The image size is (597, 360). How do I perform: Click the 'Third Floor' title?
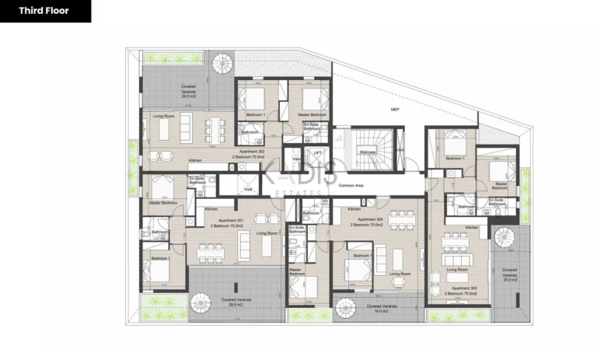coord(44,11)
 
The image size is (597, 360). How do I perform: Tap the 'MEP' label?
coord(395,110)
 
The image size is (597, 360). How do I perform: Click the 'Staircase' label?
coord(368,152)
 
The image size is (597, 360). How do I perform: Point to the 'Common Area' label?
coord(352,187)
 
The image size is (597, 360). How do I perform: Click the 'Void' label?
coord(247,189)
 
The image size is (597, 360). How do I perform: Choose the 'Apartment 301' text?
coord(231,221)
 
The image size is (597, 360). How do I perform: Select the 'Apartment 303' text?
coord(464,288)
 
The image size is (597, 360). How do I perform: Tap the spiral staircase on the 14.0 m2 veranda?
coord(345,309)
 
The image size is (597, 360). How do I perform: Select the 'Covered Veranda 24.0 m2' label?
coord(189,89)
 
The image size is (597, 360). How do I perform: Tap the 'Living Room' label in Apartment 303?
coord(457,271)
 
